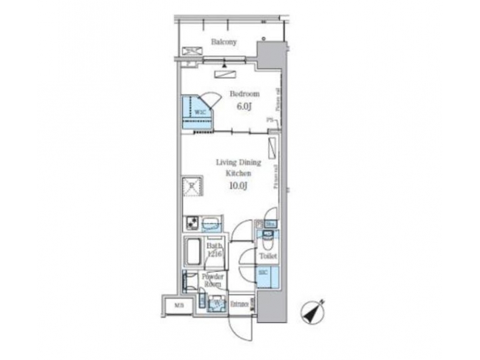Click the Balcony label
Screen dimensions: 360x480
[x=224, y=42]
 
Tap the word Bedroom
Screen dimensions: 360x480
[x=245, y=94]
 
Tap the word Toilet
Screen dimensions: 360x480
[x=268, y=256]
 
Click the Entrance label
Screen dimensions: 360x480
[x=239, y=305]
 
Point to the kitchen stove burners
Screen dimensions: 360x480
[x=192, y=224]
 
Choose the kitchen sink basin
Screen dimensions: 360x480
[x=211, y=224]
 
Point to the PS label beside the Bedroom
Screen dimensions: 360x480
[x=270, y=120]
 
